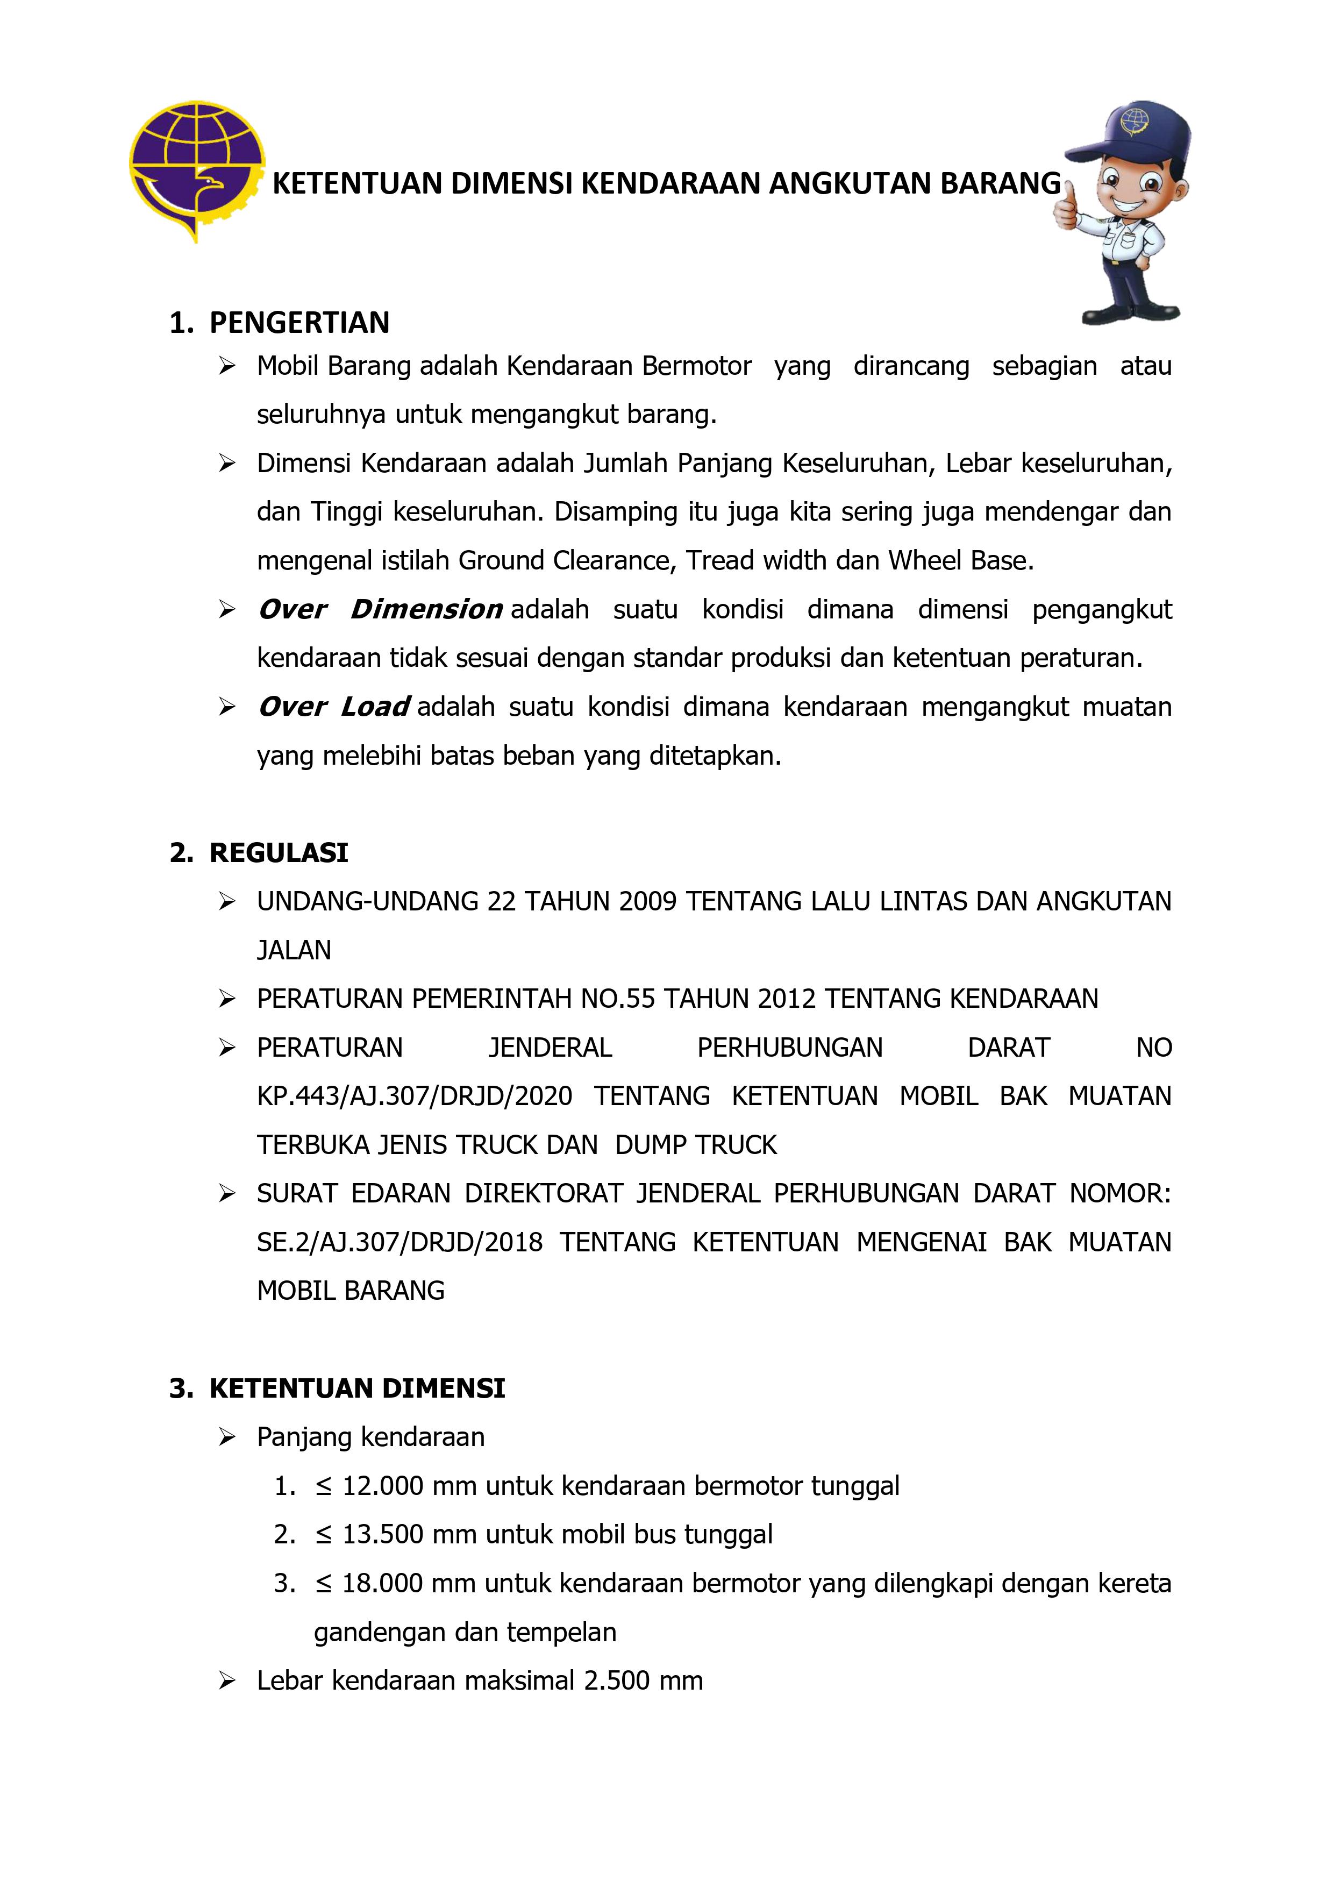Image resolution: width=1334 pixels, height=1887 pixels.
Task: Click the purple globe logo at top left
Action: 196,168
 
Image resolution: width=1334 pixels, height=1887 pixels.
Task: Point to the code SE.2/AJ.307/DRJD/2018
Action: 400,1242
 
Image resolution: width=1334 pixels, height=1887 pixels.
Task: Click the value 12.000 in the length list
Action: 382,1486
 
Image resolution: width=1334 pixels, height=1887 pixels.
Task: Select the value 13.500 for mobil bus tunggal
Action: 382,1534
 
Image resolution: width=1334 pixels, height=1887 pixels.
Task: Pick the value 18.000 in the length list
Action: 382,1583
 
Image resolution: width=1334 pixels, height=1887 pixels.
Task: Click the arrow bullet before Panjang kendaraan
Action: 227,1437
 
